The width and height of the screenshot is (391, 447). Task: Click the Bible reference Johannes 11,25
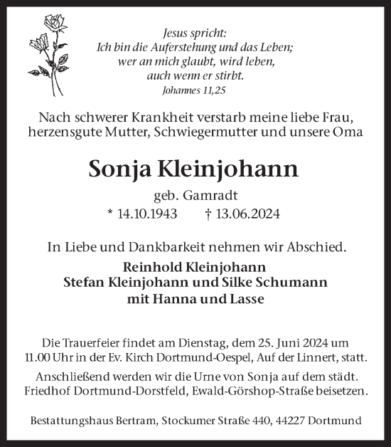pyautogui.click(x=195, y=90)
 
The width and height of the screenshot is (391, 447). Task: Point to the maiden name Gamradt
pyautogui.click(x=214, y=195)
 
